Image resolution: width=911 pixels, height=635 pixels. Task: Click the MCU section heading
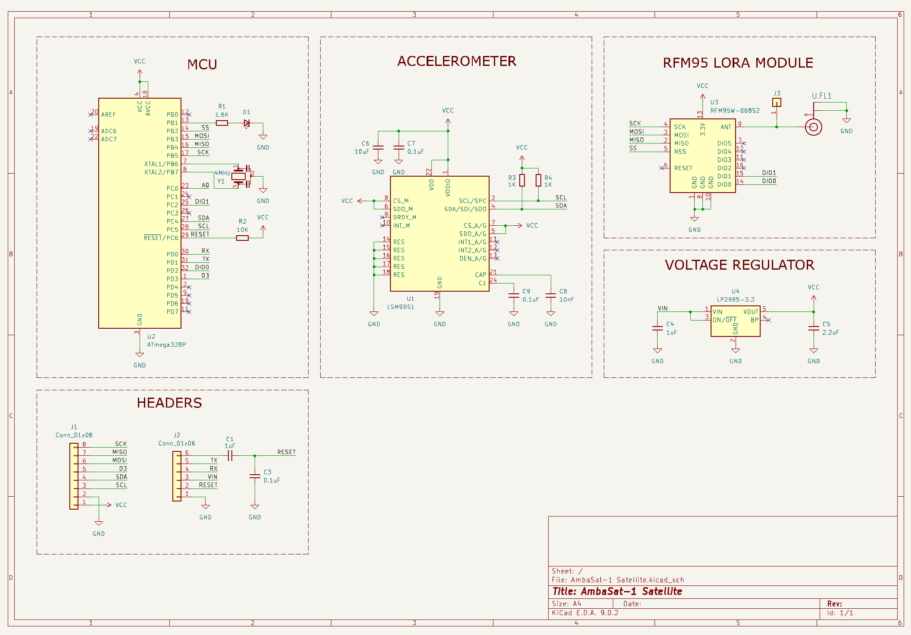pyautogui.click(x=202, y=65)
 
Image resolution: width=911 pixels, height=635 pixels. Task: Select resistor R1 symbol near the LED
pyautogui.click(x=222, y=123)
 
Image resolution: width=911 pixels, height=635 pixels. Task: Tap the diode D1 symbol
pyautogui.click(x=246, y=123)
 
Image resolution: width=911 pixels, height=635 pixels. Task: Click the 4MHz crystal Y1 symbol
pyautogui.click(x=239, y=176)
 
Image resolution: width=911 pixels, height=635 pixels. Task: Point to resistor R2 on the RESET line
pyautogui.click(x=242, y=238)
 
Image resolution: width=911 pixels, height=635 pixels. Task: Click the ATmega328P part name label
pyautogui.click(x=166, y=345)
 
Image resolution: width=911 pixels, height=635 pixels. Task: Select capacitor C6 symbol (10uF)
pyautogui.click(x=378, y=147)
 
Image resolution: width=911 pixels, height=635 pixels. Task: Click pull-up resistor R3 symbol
pyautogui.click(x=522, y=181)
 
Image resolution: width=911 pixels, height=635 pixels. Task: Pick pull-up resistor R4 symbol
pyautogui.click(x=538, y=181)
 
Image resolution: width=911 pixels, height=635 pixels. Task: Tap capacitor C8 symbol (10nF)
pyautogui.click(x=551, y=295)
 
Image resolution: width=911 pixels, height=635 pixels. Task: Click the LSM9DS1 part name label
pyautogui.click(x=400, y=307)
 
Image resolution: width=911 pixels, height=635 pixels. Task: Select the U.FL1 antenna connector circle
pyautogui.click(x=813, y=127)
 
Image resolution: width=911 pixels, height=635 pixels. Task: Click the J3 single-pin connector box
pyautogui.click(x=777, y=103)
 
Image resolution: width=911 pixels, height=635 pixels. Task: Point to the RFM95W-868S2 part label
pyautogui.click(x=735, y=111)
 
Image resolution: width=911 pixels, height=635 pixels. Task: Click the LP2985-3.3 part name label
pyautogui.click(x=736, y=299)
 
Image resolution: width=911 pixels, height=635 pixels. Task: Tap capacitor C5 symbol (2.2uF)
pyautogui.click(x=814, y=328)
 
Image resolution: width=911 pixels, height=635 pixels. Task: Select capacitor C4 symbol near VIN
pyautogui.click(x=658, y=328)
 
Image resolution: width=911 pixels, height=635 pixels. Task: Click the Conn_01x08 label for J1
pyautogui.click(x=74, y=435)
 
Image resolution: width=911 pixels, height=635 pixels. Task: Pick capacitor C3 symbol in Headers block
pyautogui.click(x=255, y=476)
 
